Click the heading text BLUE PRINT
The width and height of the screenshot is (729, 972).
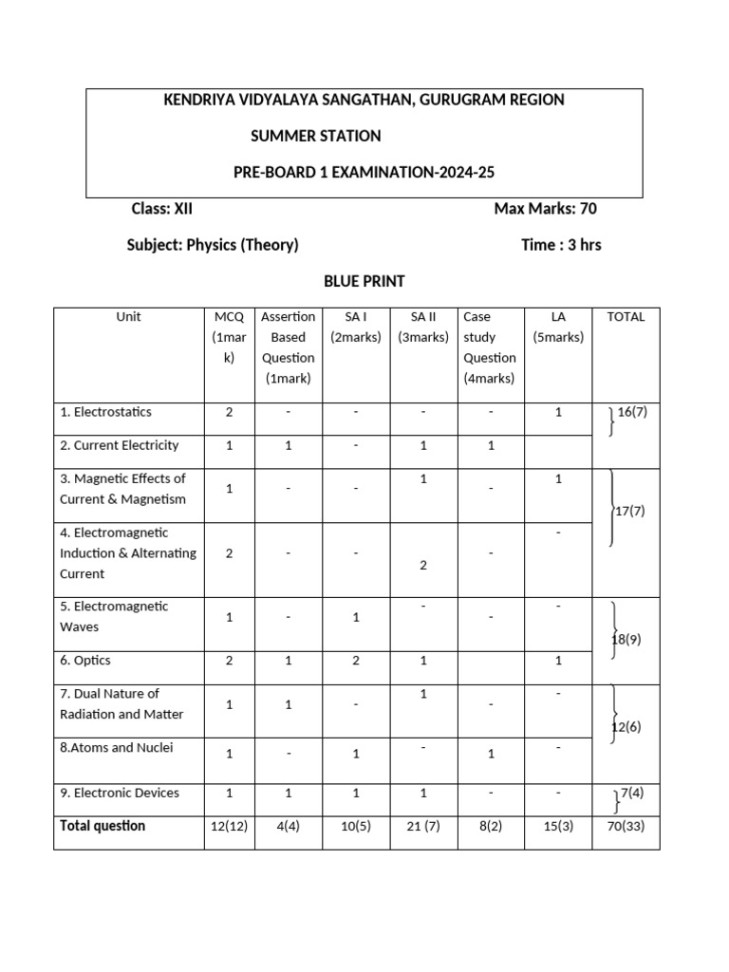click(x=364, y=281)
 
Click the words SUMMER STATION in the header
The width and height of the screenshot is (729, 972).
click(x=315, y=136)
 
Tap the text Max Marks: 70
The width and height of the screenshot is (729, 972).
click(x=545, y=209)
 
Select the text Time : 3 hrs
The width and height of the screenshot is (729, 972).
click(x=561, y=245)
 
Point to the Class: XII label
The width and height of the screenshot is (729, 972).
click(x=161, y=209)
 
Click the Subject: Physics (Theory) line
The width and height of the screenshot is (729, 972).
click(x=213, y=245)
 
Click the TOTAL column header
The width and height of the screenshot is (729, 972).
click(x=626, y=317)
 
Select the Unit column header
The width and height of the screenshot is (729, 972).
click(x=128, y=317)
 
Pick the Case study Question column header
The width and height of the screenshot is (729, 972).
click(x=489, y=347)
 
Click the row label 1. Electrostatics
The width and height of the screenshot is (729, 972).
click(x=105, y=412)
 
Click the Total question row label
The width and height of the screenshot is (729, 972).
click(x=103, y=826)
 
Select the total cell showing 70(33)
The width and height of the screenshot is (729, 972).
click(x=626, y=827)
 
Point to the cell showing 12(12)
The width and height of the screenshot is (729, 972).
click(x=229, y=827)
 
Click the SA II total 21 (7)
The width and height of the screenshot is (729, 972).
click(x=422, y=827)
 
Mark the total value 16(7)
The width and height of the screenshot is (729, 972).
click(x=632, y=412)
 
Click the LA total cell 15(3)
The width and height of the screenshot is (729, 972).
click(x=558, y=827)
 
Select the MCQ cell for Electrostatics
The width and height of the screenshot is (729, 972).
click(x=229, y=412)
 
